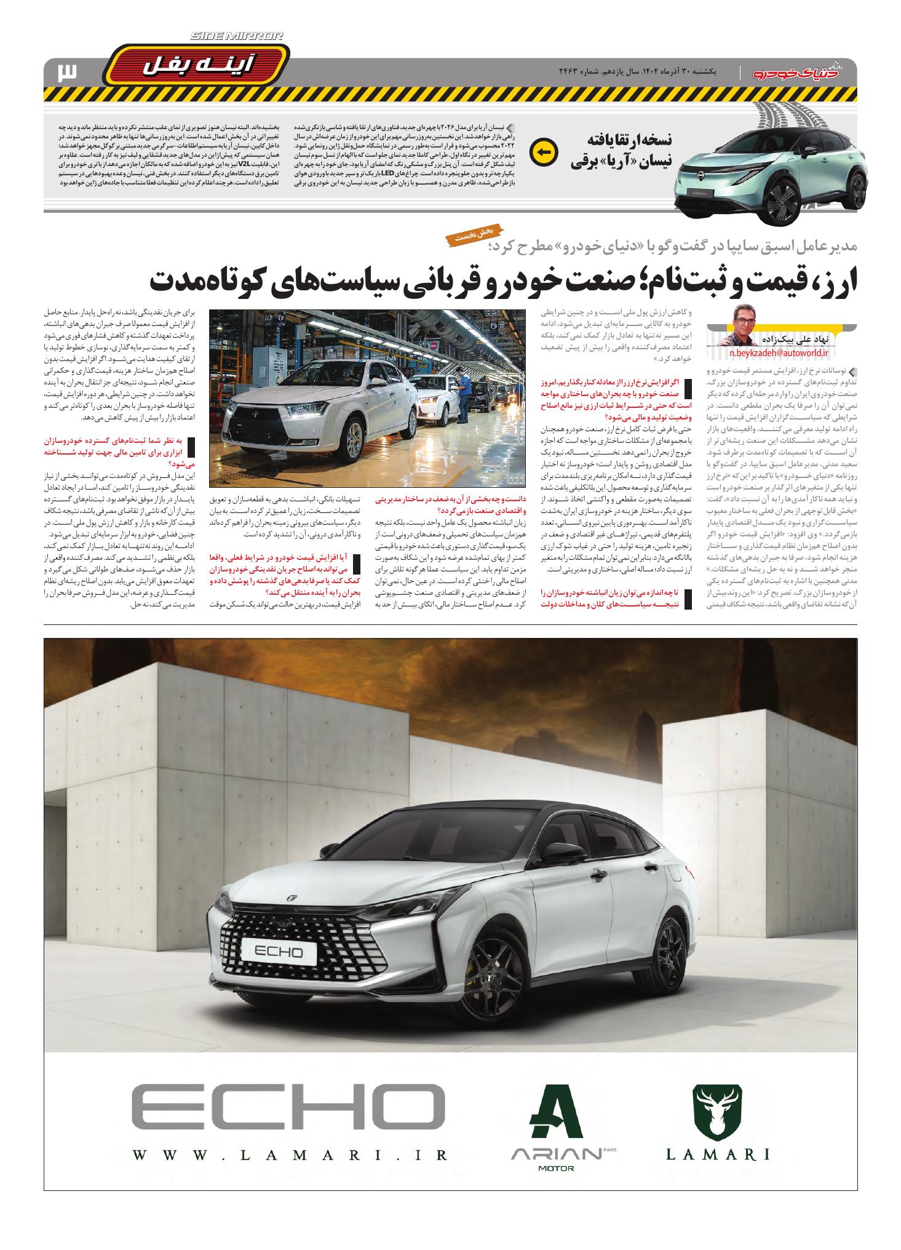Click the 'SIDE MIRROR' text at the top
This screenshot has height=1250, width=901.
point(237,37)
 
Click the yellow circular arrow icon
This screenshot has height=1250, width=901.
point(544,152)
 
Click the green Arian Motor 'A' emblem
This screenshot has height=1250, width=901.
point(557,1110)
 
